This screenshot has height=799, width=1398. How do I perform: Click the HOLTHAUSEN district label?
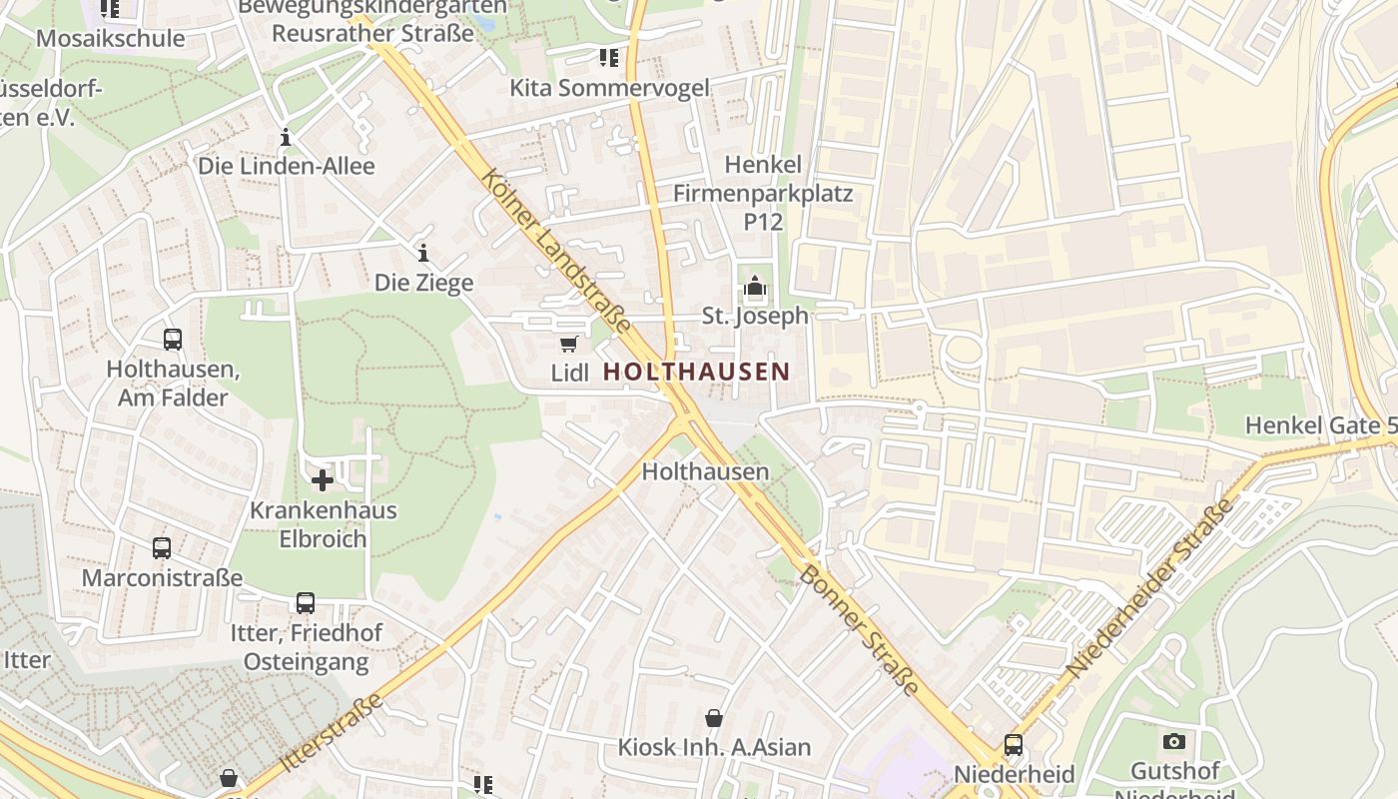coord(696,373)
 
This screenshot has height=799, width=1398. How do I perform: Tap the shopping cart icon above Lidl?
coord(568,345)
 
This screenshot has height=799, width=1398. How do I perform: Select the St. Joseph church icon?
coord(755,288)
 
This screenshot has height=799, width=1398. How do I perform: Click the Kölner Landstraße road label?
coord(555,251)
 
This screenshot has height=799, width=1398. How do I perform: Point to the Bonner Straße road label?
coord(859,629)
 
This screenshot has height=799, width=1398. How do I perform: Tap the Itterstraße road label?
coord(332,733)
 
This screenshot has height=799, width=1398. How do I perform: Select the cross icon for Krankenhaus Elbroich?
coord(323,481)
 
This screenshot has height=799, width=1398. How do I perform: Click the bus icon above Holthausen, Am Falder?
coord(173,340)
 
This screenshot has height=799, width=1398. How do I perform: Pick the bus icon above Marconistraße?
coord(162,548)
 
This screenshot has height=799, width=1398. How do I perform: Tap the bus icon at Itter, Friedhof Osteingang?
coord(306,603)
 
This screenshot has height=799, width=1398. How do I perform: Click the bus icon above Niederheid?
coord(1014,745)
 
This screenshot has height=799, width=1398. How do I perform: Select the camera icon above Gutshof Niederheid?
coord(1173,741)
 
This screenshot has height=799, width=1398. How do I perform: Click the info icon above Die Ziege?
coord(423,253)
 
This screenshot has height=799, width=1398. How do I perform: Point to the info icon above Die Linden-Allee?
coord(286,137)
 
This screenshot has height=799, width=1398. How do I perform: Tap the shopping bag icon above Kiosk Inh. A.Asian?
coord(714,718)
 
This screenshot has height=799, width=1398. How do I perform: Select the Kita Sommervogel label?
coord(609,88)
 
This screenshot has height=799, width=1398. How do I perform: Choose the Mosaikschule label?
coord(110,39)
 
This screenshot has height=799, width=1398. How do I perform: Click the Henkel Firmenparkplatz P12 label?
coord(763,193)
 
